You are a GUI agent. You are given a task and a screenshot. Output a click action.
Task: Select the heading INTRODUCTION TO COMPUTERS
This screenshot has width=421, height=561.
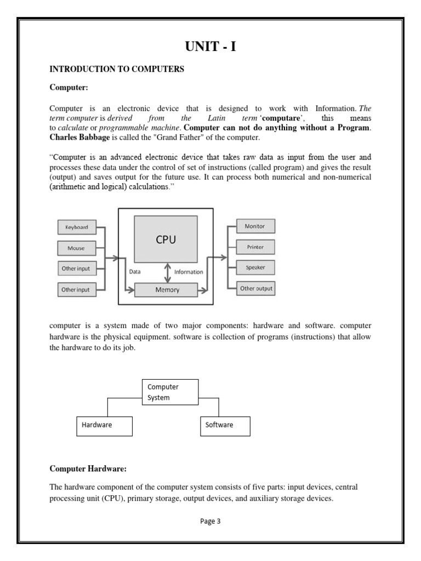coord(117,69)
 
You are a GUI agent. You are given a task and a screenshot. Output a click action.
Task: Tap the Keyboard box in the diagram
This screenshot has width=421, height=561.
coord(77,227)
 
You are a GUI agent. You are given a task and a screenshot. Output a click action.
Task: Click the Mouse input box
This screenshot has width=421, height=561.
coord(77,248)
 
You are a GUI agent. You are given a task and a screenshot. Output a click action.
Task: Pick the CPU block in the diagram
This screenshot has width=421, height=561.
coord(166,239)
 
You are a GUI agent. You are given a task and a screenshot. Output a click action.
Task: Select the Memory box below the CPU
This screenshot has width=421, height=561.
coord(167,290)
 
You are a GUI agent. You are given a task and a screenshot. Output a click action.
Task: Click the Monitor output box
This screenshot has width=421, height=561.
coord(255,226)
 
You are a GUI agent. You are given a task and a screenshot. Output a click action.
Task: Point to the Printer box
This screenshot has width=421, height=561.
coord(255,247)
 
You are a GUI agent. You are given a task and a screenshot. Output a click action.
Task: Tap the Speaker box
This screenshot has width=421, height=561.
coord(255,268)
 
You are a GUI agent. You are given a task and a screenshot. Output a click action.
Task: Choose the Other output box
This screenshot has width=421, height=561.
coord(256,288)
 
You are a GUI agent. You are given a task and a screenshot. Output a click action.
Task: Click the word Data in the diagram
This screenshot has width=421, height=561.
coord(135,271)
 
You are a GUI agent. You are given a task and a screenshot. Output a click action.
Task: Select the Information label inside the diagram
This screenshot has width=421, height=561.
coord(189,272)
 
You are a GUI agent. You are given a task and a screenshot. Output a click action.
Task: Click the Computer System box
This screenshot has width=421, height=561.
coord(170,392)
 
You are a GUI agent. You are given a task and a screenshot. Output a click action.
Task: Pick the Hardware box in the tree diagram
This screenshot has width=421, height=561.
coord(104,426)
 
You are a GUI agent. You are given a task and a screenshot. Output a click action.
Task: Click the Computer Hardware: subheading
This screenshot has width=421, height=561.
coord(88,468)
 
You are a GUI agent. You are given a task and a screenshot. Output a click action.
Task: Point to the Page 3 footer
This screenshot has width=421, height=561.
coord(210,522)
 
